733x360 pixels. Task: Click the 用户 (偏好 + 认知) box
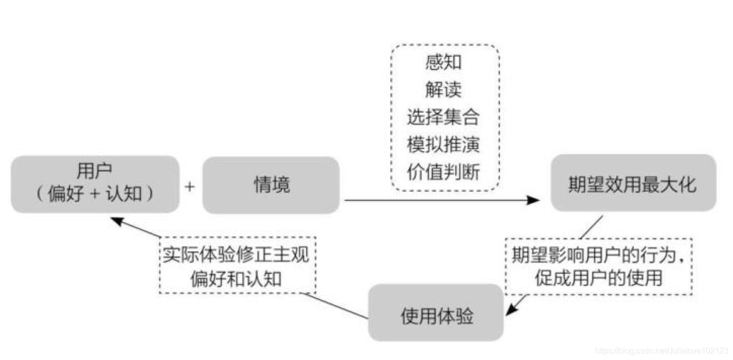coord(95,184)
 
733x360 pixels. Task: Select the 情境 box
coord(271,185)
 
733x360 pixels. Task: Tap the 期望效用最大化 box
coord(633,183)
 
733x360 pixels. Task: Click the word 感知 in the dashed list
coord(444,63)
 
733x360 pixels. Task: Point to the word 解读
coord(444,90)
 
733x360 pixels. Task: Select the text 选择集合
coord(444,118)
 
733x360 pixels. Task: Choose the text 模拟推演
coord(444,145)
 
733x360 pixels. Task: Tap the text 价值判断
coord(444,173)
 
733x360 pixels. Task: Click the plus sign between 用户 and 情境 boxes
coord(190,187)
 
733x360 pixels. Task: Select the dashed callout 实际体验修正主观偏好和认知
coord(237,265)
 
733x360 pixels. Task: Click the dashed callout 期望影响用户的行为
coord(599,267)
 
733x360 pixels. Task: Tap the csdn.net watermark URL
coord(662,350)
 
